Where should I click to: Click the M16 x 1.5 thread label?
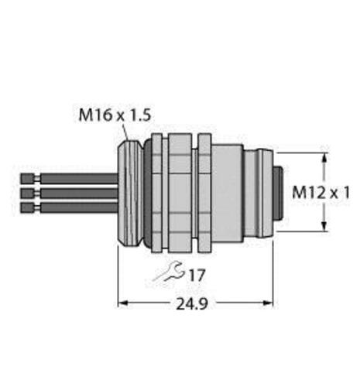tap(115, 116)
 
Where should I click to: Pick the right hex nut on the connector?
tap(204, 191)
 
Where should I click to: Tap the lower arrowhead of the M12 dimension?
tap(321, 226)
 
